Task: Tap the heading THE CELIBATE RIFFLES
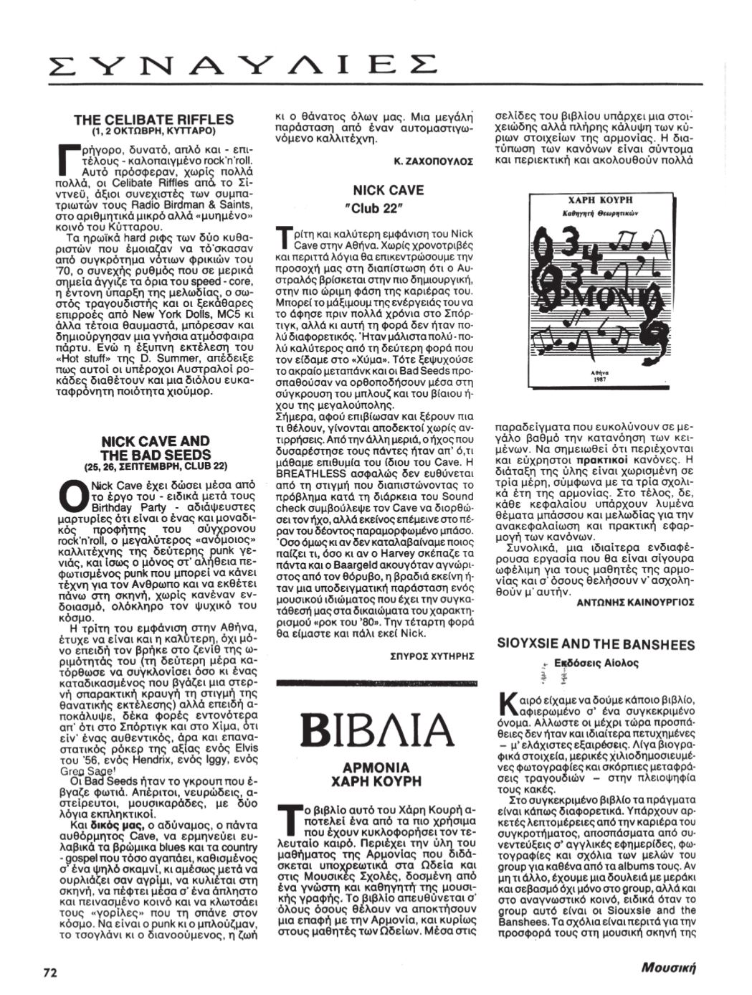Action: [153, 119]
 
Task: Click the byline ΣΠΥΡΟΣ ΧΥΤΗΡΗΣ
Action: [432, 656]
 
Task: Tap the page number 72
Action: [49, 973]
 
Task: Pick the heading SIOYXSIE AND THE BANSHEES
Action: [596, 645]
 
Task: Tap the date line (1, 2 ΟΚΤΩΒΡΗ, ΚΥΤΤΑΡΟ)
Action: [153, 131]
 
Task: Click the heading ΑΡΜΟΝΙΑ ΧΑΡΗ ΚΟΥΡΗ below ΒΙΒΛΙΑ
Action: [378, 773]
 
